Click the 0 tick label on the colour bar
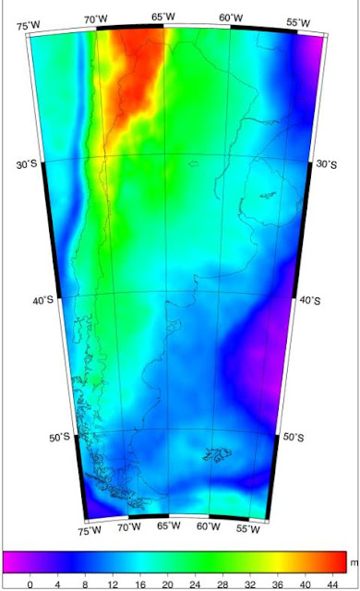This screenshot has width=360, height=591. [30, 583]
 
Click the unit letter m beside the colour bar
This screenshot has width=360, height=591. [354, 562]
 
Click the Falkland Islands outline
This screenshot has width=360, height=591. [219, 453]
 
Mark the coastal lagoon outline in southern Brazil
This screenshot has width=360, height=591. [268, 195]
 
